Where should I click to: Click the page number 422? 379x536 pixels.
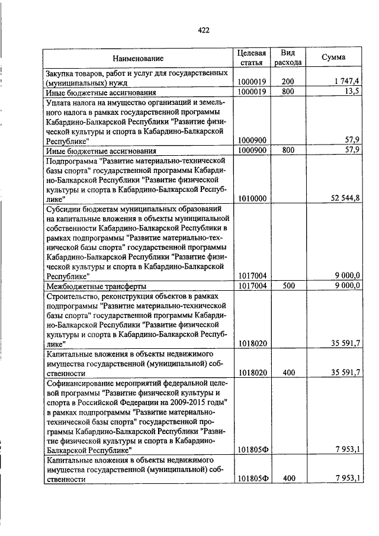204,30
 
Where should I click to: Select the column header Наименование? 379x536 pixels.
138,58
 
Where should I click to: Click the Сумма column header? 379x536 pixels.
333,57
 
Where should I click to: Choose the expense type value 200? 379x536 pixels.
288,81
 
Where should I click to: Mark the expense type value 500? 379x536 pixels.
288,285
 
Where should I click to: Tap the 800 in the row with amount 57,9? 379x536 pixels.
288,150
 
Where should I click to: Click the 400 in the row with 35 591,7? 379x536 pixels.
288,372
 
